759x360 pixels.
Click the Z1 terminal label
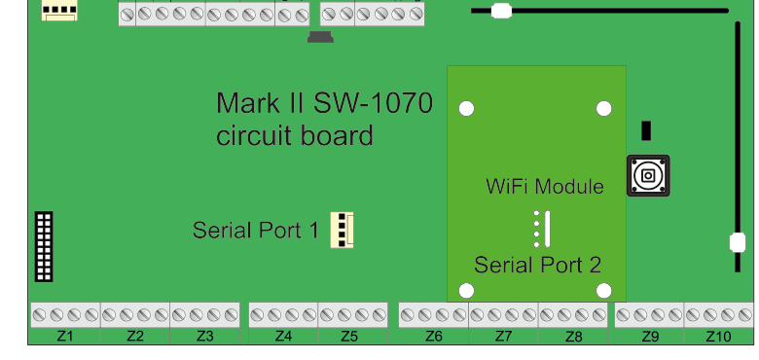coord(65,337)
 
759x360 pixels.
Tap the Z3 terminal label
coord(204,337)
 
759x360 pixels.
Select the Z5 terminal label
coord(349,337)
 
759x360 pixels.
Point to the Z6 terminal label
coord(434,337)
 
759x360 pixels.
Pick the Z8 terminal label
coord(573,337)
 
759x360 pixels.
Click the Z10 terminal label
coord(718,337)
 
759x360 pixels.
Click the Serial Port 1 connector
coord(342,230)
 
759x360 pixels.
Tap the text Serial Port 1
coord(255,231)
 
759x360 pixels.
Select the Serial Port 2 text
coord(537,265)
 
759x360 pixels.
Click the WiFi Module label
coord(545,186)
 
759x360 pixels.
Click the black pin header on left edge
coord(44,246)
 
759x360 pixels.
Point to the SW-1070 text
coord(370,103)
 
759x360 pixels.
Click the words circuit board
coord(295,135)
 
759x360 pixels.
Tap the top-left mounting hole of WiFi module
coord(467,108)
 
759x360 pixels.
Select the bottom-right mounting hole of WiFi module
coord(603,290)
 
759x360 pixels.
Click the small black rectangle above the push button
coord(646,131)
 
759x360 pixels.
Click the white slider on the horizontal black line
coord(501,12)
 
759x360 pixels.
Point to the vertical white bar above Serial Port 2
coord(547,229)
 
